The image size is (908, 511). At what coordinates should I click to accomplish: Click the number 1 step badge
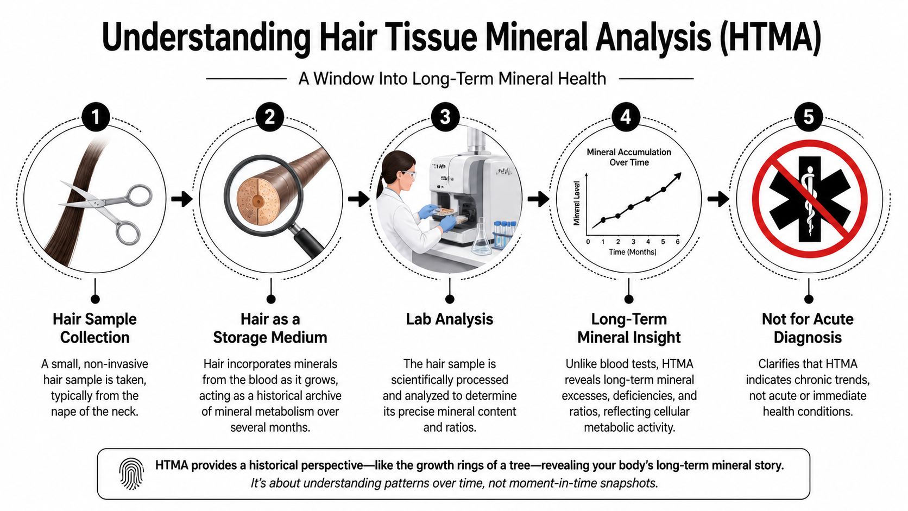click(96, 117)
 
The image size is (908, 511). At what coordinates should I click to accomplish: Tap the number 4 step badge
click(626, 117)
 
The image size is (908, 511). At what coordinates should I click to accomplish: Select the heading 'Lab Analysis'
click(449, 319)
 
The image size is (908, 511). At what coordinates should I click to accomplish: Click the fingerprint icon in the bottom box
click(131, 472)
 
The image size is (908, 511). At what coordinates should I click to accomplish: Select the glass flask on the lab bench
click(481, 239)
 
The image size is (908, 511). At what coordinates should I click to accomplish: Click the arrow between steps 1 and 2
click(181, 199)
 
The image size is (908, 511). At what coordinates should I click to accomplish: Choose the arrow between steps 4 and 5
click(718, 199)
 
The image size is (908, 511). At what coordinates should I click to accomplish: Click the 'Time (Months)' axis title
click(632, 252)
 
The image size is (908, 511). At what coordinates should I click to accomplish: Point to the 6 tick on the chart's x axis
click(678, 242)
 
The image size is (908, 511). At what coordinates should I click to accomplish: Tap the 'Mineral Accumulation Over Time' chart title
click(629, 157)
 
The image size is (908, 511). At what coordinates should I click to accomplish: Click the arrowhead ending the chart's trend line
click(677, 176)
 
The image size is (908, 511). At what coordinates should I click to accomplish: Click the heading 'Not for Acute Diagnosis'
click(808, 328)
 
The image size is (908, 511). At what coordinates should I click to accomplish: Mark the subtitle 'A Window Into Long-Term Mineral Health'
click(452, 79)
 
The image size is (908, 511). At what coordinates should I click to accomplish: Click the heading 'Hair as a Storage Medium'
click(270, 328)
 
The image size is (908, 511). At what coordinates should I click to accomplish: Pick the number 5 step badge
click(809, 117)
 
